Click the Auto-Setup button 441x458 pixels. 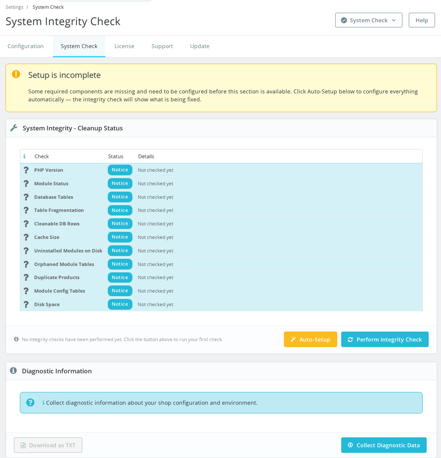click(x=310, y=339)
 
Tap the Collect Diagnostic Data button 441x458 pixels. click(x=384, y=445)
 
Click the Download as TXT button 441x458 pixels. click(x=48, y=445)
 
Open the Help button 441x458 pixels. click(x=422, y=20)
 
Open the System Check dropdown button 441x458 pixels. click(x=368, y=20)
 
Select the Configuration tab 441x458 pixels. click(x=26, y=46)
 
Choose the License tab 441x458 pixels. click(x=124, y=46)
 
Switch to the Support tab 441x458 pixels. click(x=162, y=46)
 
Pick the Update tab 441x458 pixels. click(x=200, y=46)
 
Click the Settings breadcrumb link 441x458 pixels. click(x=14, y=7)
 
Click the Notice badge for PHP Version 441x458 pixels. click(x=120, y=170)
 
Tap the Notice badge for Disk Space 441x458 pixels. click(x=120, y=304)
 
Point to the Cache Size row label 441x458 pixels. click(x=47, y=237)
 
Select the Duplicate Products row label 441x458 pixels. click(x=57, y=277)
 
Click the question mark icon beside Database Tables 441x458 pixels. click(x=26, y=197)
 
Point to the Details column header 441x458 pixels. click(x=146, y=156)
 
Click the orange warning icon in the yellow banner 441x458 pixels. click(x=16, y=74)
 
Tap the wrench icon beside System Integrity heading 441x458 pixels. click(x=14, y=128)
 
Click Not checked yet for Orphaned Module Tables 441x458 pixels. click(x=156, y=264)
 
